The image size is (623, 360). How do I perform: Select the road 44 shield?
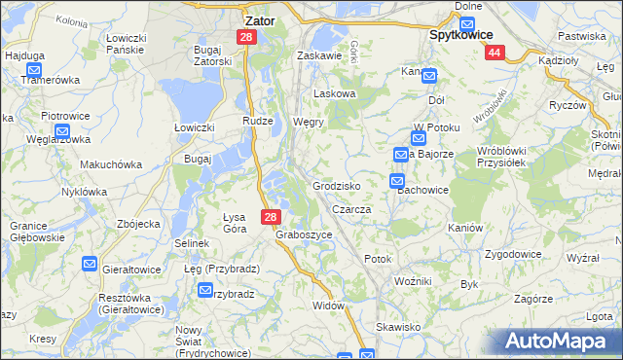coord(495,54)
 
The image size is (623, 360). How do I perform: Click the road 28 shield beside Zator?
coord(246,37)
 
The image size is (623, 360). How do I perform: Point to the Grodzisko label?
coord(337,185)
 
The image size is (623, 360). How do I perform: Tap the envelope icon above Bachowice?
coord(397,180)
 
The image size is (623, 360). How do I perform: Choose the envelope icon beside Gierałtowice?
coord(90,264)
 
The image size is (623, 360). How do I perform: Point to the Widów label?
coord(329,305)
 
